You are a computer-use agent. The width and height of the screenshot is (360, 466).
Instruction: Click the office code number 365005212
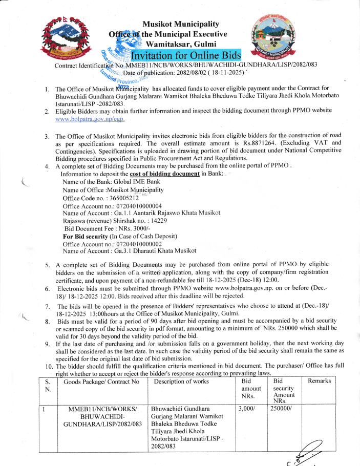pos(120,198)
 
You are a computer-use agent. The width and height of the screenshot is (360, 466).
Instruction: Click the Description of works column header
pos(181,381)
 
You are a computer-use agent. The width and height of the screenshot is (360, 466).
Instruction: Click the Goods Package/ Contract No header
pos(102,381)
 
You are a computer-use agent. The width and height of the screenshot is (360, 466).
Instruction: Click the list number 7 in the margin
pos(47,307)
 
